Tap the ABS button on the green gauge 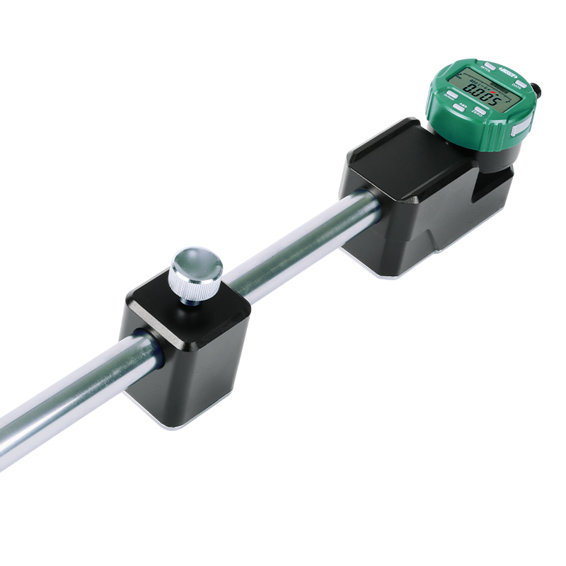click(458, 108)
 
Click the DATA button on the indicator click(521, 83)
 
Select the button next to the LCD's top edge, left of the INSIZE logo click(490, 66)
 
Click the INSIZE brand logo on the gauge click(508, 74)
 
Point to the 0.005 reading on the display click(483, 93)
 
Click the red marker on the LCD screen click(493, 92)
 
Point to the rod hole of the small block click(149, 347)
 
